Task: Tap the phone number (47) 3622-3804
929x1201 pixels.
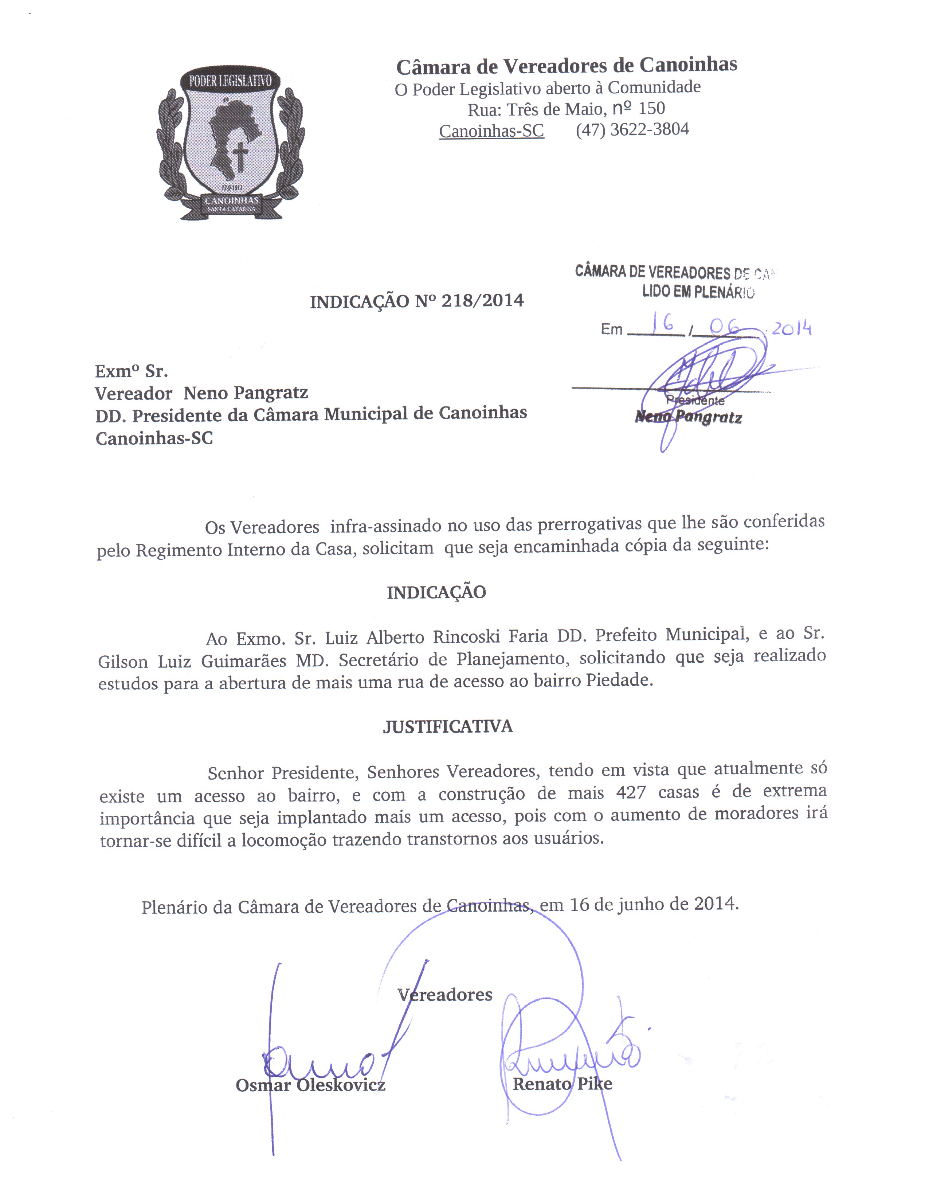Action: (632, 130)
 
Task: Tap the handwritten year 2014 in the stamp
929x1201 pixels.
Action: (792, 328)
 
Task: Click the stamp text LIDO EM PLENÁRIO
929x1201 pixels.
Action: (698, 292)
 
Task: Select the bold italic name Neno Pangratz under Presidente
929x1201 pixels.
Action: (688, 417)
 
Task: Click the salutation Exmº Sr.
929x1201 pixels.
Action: (132, 372)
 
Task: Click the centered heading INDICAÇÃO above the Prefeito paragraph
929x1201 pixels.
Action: (436, 592)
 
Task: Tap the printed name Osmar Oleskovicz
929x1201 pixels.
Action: (311, 1085)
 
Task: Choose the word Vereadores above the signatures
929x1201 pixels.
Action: (445, 994)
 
